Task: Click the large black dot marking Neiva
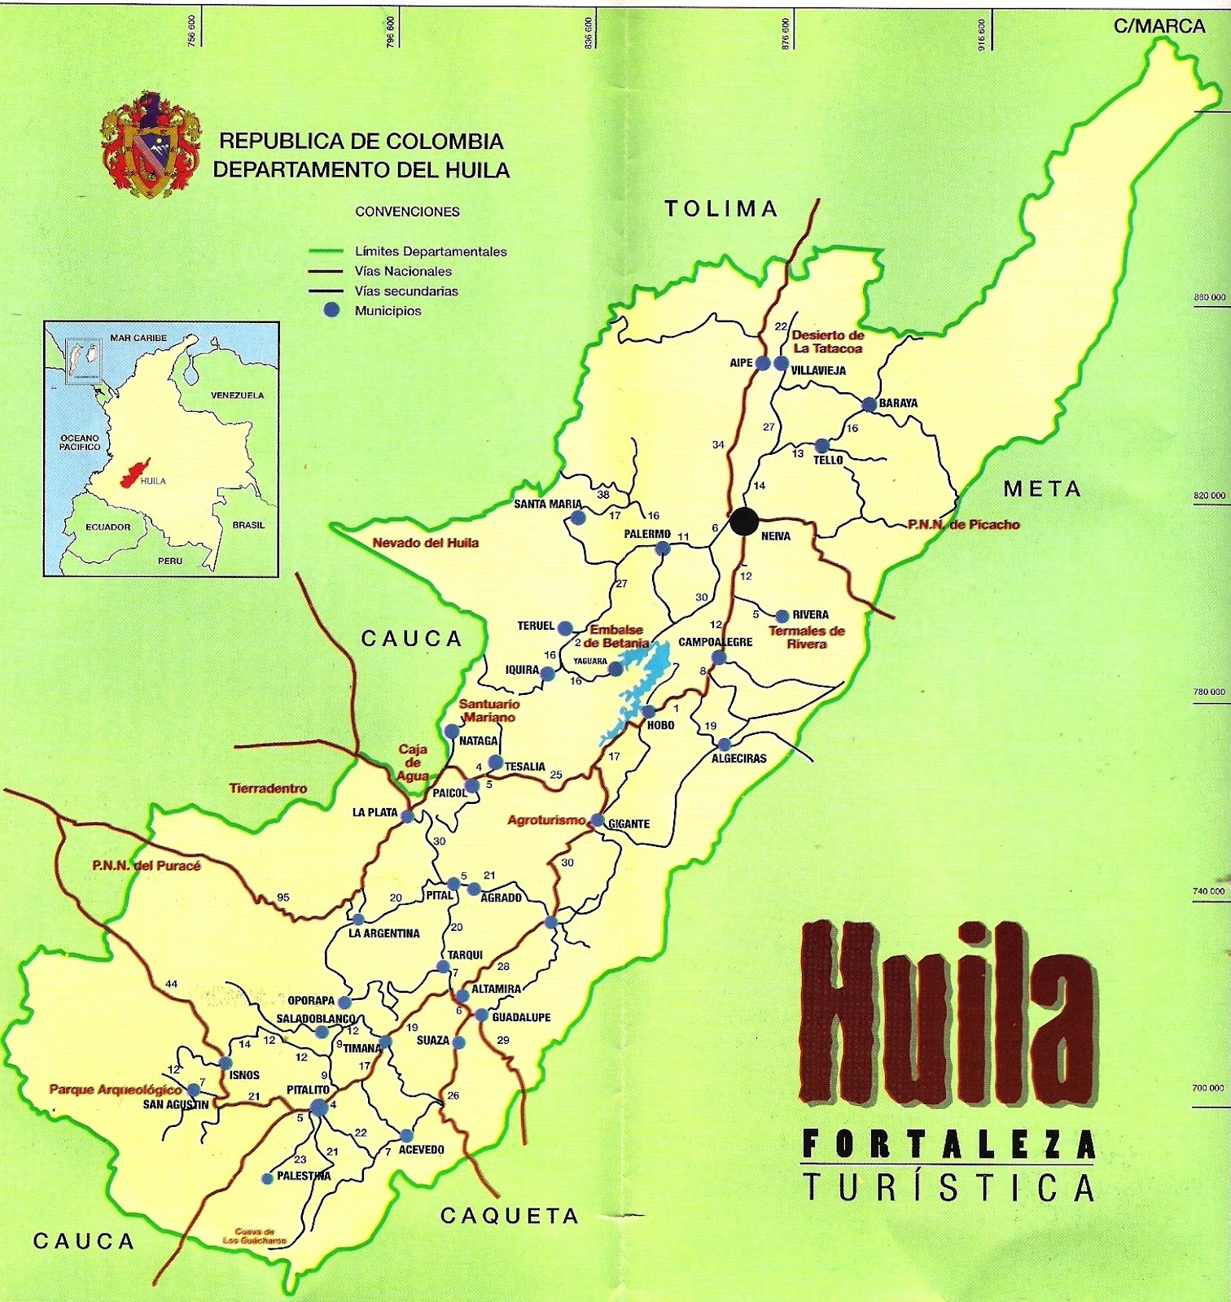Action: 743,522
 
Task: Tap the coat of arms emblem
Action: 150,146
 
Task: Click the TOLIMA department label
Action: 721,209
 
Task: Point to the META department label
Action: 1042,489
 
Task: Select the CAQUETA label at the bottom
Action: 509,1216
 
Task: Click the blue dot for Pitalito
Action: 318,1106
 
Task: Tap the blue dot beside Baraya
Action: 870,404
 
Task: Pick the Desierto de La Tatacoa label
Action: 827,342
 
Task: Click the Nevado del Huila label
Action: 425,543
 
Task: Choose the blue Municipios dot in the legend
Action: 331,310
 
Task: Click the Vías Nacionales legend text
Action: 403,272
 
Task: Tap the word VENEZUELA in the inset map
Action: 237,395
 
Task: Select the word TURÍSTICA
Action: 948,1187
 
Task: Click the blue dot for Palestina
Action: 266,1178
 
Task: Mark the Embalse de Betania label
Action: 616,636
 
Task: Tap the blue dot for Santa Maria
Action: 578,518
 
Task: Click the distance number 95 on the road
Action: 283,898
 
